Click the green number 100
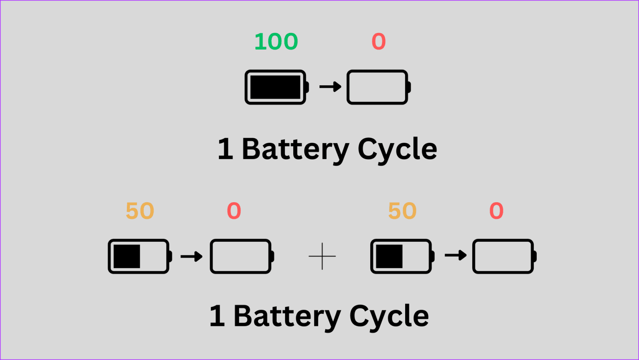[276, 42]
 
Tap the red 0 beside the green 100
[379, 42]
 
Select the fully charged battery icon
[276, 87]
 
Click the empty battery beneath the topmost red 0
[378, 87]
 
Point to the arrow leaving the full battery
[330, 87]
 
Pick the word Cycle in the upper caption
[397, 149]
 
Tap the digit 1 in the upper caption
[225, 149]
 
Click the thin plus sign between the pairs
[322, 256]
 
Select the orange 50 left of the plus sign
[140, 211]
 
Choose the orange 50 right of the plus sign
[402, 211]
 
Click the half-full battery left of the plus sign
[139, 256]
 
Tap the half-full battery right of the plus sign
[401, 256]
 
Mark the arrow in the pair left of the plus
[191, 256]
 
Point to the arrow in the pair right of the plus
[456, 255]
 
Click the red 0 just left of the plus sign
[234, 211]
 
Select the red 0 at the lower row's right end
[496, 211]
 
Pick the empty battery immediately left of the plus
[241, 256]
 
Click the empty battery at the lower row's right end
[503, 256]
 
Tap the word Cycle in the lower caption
[389, 316]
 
